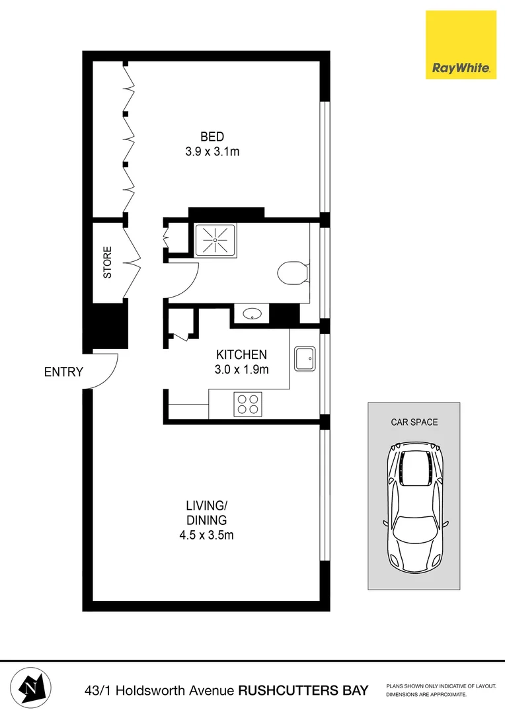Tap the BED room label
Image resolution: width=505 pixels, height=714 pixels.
point(212,137)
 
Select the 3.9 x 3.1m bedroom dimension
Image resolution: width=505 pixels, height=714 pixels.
point(212,151)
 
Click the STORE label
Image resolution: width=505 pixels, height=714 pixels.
point(108,262)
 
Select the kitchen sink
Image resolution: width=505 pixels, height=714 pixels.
point(305,359)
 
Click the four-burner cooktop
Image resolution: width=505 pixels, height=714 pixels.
point(248,404)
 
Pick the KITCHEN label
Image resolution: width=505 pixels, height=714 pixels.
point(241,354)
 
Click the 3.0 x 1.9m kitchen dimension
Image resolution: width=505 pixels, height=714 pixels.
point(241,370)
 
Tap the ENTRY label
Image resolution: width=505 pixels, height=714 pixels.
point(63,372)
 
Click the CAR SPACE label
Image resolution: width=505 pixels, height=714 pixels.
point(414,422)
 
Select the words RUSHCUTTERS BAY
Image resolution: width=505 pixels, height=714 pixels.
point(303,691)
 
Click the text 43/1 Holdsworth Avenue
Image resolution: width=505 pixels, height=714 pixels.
point(159,691)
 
